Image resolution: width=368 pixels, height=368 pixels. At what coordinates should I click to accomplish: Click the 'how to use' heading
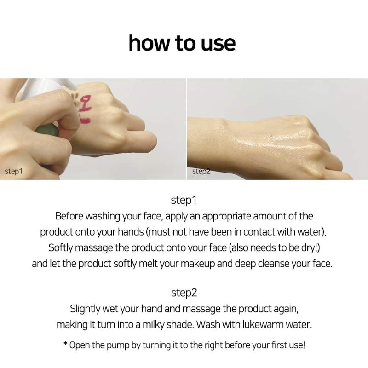point(182,43)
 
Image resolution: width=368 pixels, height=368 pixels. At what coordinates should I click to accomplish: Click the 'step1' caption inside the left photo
point(14,171)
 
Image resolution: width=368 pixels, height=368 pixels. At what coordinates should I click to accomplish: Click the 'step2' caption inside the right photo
point(201,171)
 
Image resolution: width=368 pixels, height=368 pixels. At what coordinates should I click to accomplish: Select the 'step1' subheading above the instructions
point(184,201)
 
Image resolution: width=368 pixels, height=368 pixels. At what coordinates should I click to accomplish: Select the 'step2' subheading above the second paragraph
point(184,293)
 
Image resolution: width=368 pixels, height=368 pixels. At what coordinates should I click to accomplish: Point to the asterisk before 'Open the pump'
point(66,343)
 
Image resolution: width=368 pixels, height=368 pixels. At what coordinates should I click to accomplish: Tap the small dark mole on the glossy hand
point(271,135)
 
